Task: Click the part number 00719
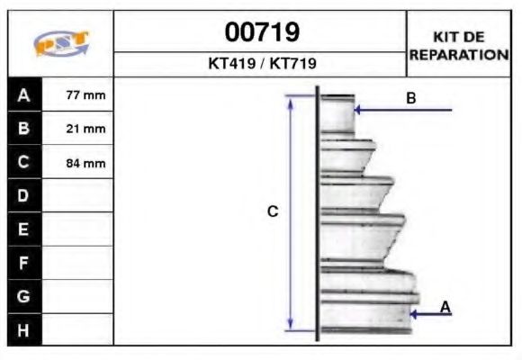pyautogui.click(x=262, y=33)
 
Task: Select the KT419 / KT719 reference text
pyautogui.click(x=262, y=64)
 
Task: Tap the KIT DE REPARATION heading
pyautogui.click(x=458, y=45)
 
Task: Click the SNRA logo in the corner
pyautogui.click(x=60, y=44)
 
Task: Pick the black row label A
pyautogui.click(x=24, y=94)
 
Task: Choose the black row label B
pyautogui.click(x=24, y=128)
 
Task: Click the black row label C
pyautogui.click(x=24, y=162)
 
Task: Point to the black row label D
pyautogui.click(x=24, y=195)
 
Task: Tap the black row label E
pyautogui.click(x=24, y=229)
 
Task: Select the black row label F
pyautogui.click(x=24, y=263)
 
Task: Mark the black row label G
pyautogui.click(x=24, y=296)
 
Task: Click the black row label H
pyautogui.click(x=24, y=330)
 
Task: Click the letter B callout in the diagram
pyautogui.click(x=411, y=98)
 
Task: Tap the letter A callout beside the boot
pyautogui.click(x=445, y=307)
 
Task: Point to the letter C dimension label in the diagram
pyautogui.click(x=273, y=211)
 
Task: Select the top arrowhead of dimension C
pyautogui.click(x=290, y=100)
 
